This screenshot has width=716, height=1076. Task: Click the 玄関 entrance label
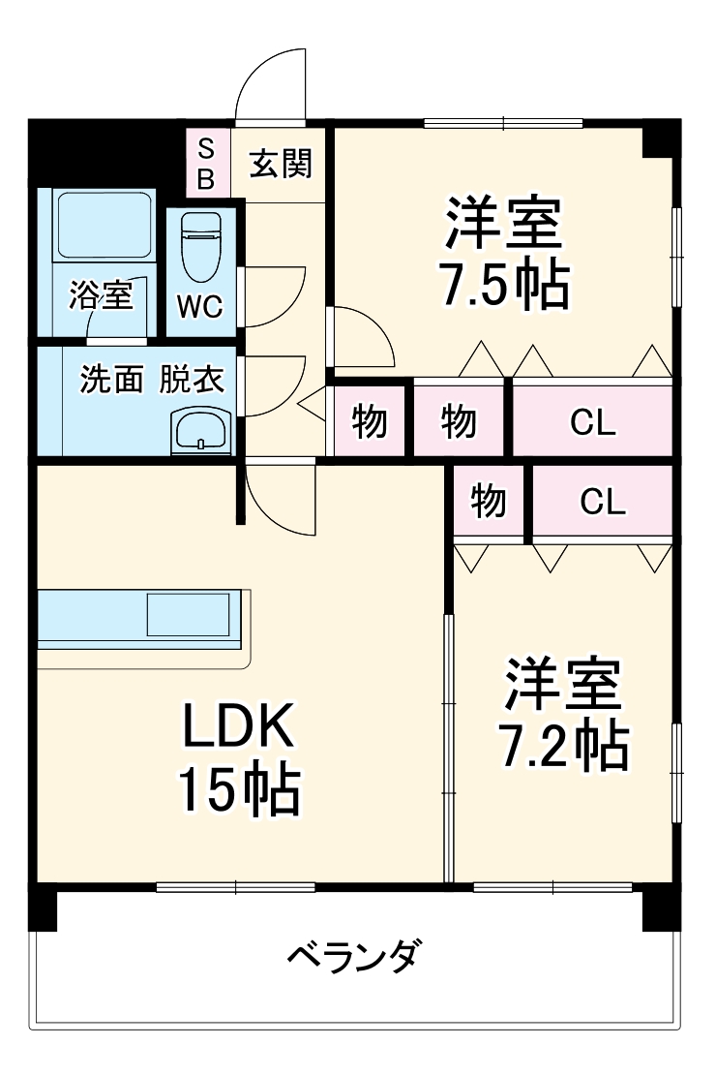(282, 164)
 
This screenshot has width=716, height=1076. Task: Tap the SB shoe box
(207, 164)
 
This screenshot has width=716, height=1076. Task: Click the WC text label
(199, 307)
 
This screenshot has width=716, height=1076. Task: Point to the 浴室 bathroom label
(100, 295)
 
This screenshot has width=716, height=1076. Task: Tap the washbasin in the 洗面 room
(201, 428)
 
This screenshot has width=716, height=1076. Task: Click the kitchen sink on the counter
(190, 614)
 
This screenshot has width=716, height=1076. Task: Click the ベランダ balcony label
(355, 957)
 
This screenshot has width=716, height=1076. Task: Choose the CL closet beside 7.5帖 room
(592, 421)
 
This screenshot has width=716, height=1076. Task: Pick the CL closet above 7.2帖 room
(602, 501)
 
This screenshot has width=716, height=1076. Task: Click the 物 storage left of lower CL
(488, 502)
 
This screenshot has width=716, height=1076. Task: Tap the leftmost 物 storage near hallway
(369, 421)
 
